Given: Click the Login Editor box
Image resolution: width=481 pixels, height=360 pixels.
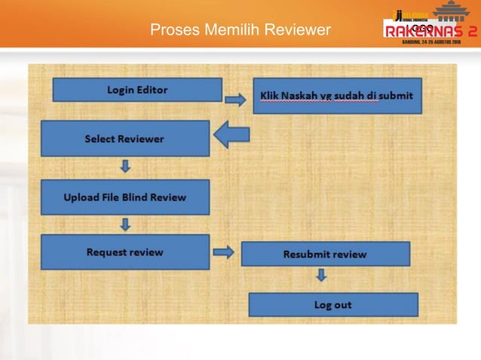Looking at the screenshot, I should pyautogui.click(x=137, y=90).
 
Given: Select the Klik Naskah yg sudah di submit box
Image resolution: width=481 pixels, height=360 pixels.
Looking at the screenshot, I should pyautogui.click(x=337, y=96).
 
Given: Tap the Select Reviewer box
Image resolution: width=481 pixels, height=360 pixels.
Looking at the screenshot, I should pyautogui.click(x=124, y=139).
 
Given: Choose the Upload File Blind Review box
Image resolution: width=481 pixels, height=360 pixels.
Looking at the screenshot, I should pyautogui.click(x=124, y=197).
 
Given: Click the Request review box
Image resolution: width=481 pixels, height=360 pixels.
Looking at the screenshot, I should pyautogui.click(x=124, y=252).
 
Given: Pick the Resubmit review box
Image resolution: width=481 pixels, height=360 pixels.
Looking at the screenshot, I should pyautogui.click(x=325, y=254).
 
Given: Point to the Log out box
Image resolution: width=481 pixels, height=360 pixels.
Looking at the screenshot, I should pyautogui.click(x=332, y=305).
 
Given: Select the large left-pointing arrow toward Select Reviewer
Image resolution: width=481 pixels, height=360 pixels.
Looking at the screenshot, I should pyautogui.click(x=232, y=136).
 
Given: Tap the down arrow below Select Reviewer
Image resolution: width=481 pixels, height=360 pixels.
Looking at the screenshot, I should pyautogui.click(x=125, y=166).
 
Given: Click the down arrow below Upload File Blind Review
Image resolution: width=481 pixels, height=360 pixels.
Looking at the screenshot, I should pyautogui.click(x=125, y=224).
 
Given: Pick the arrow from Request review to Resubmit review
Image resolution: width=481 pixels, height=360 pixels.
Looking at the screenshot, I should pyautogui.click(x=224, y=252).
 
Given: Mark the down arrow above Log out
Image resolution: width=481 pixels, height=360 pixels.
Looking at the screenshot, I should pyautogui.click(x=321, y=276).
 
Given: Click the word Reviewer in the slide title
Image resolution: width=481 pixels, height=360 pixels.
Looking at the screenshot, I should pyautogui.click(x=295, y=30).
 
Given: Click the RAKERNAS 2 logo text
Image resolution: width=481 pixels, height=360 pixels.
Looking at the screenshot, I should pyautogui.click(x=430, y=31).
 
